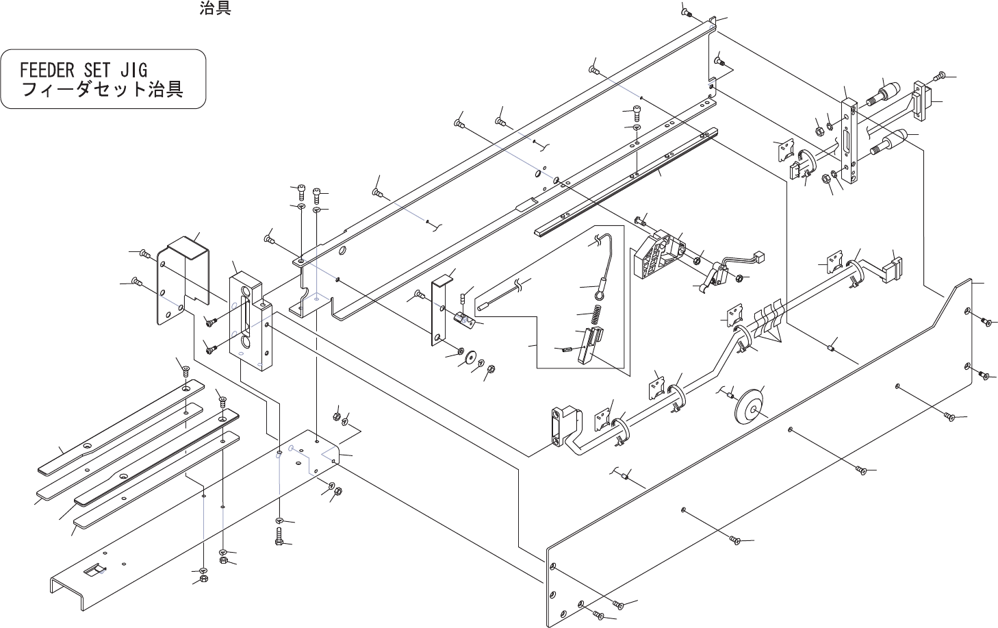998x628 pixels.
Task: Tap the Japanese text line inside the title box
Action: point(103,90)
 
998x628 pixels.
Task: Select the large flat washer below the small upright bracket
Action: point(469,356)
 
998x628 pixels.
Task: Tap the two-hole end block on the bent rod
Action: point(563,426)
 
